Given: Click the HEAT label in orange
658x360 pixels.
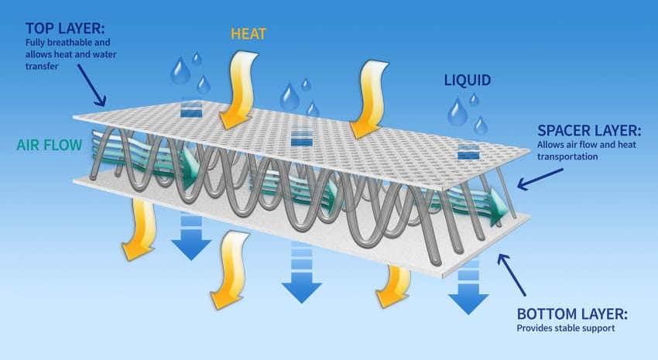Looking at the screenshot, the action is (x=248, y=34).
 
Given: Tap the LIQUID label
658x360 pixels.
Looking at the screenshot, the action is (x=468, y=81).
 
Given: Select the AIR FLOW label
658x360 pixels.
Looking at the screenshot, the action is (x=49, y=146).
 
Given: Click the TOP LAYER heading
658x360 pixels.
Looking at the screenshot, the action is (x=65, y=29).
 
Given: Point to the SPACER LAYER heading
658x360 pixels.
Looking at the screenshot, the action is (x=589, y=131).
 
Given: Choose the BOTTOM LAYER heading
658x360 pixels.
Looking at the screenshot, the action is (x=572, y=314).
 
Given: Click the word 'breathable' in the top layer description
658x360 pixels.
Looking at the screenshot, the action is (x=68, y=43).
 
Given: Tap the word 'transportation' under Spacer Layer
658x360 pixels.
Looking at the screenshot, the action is (x=567, y=156).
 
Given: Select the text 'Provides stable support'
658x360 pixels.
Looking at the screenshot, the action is (x=566, y=328).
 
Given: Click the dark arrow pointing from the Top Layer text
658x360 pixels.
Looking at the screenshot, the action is (x=91, y=85).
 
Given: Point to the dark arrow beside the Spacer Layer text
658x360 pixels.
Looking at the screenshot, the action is (x=540, y=179).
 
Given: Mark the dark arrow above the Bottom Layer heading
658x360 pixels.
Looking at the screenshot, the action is (x=511, y=274).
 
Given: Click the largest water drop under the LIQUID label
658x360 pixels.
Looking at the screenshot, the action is (x=457, y=112).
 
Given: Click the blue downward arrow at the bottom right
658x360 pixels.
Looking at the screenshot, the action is (x=468, y=290).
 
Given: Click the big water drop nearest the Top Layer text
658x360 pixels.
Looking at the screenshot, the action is (x=180, y=70).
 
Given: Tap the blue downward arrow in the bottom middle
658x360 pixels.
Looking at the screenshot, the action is (x=301, y=273).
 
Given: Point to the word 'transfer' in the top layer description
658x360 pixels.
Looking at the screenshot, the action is (x=42, y=67).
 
